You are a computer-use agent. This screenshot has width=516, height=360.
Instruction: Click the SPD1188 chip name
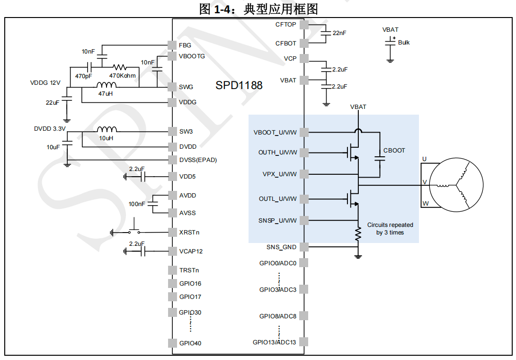(239, 86)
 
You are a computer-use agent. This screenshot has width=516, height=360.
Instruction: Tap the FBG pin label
(185, 45)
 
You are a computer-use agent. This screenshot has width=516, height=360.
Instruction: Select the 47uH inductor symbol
(107, 86)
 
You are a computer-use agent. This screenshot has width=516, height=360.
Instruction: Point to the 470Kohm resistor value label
(122, 76)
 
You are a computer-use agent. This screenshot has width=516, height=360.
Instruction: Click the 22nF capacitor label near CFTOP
(339, 33)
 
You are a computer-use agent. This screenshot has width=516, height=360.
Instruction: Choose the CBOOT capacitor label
(394, 151)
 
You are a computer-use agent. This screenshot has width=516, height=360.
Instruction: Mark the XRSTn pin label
(190, 232)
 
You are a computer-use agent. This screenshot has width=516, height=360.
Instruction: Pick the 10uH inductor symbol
(107, 130)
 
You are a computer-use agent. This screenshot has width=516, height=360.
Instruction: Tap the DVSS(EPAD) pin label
(198, 160)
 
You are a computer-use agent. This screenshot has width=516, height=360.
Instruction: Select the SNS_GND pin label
(281, 247)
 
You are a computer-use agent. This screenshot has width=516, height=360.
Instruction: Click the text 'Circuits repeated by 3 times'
(390, 229)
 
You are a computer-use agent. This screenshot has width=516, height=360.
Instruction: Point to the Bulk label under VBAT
(404, 43)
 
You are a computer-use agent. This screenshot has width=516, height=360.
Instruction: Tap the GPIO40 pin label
(190, 343)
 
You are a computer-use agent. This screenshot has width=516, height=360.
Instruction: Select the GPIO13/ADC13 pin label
(275, 342)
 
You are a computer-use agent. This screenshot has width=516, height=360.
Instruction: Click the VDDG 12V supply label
(45, 83)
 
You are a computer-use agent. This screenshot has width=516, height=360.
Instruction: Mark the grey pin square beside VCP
(304, 58)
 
